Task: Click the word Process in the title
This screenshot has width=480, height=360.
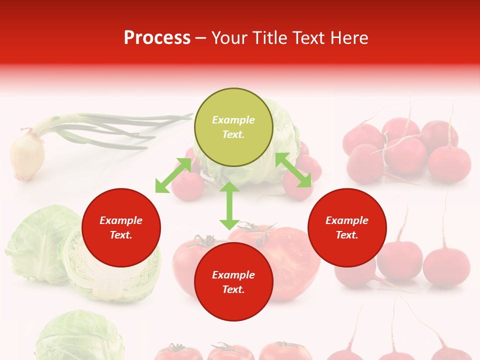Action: click(157, 38)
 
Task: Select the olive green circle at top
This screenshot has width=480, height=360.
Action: click(233, 127)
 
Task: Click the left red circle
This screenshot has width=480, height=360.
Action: click(121, 227)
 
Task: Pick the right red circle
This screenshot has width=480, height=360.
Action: click(347, 227)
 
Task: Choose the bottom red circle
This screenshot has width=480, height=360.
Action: click(233, 282)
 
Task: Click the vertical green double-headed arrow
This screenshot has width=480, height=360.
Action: click(229, 205)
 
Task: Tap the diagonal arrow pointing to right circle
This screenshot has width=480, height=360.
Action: click(293, 170)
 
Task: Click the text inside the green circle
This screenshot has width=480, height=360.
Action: click(233, 127)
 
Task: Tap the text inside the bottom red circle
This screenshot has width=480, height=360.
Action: click(233, 282)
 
